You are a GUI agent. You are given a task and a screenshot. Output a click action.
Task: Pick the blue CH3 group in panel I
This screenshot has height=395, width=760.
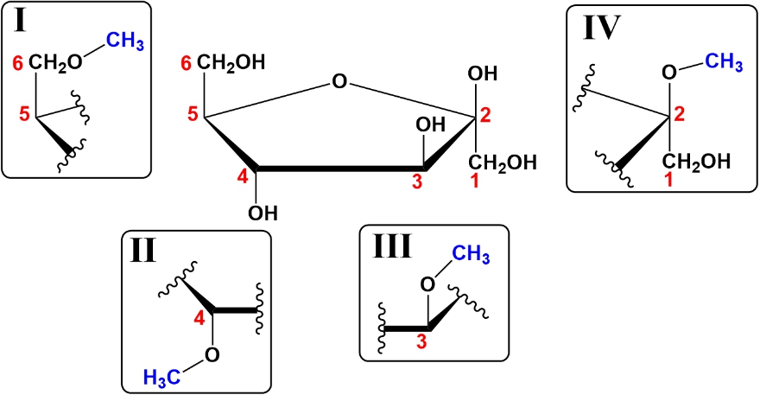(x=124, y=41)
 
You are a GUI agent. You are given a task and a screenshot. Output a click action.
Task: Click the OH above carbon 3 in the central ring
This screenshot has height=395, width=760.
(x=429, y=126)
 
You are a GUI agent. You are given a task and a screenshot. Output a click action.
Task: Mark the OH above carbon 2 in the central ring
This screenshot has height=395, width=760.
(x=482, y=73)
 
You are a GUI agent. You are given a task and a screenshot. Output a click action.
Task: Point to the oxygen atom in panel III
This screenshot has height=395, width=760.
(x=428, y=284)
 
